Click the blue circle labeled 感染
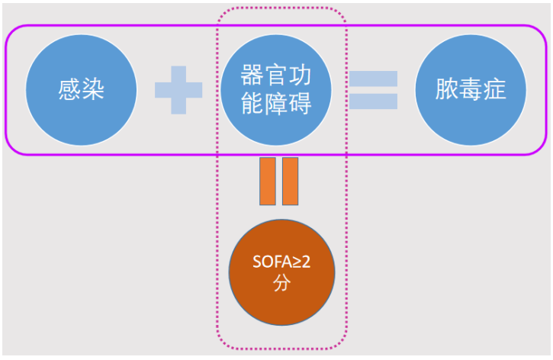point(82,90)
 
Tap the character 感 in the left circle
point(69,90)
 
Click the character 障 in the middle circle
point(276,104)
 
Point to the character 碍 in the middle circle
point(300,104)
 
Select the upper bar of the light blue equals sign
point(373,79)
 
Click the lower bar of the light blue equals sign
point(373,101)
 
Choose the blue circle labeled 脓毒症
point(471,90)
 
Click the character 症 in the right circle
point(494,90)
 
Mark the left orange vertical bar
point(267,182)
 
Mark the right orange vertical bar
point(290,182)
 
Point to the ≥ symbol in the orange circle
point(293,264)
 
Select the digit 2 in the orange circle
point(305,264)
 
